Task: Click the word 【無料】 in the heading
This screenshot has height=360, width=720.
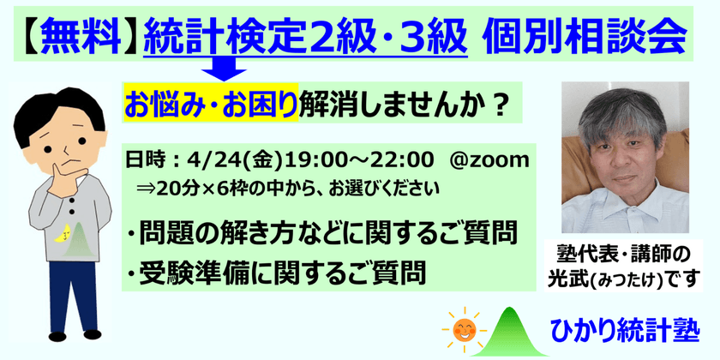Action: point(75,35)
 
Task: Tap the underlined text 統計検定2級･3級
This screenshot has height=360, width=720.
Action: point(306,35)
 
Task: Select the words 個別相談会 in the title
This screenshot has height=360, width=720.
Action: point(584,35)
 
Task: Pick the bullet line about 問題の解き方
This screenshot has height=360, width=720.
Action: point(318,231)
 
